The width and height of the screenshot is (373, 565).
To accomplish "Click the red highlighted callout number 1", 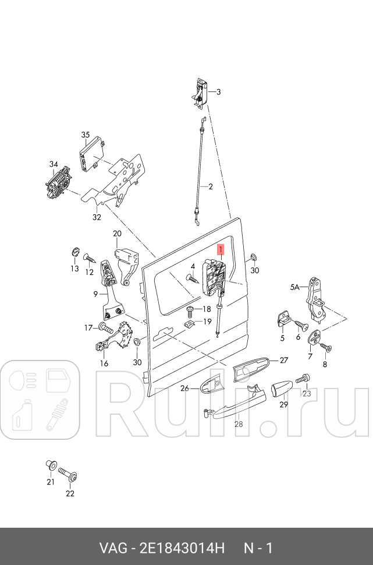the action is [x=220, y=250].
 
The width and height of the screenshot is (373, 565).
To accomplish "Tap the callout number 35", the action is [x=86, y=135].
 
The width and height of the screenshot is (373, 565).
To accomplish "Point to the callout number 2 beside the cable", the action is [x=211, y=186].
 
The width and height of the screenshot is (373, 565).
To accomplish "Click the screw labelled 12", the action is [x=90, y=259].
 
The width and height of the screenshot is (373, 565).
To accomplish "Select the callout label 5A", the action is [x=295, y=287].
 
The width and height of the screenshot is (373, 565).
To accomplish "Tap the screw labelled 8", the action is [x=326, y=348].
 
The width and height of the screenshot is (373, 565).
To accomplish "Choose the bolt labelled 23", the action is [x=303, y=379].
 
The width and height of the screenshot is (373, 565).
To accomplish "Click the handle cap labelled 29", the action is [x=281, y=388].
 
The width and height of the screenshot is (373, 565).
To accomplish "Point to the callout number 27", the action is [x=284, y=361].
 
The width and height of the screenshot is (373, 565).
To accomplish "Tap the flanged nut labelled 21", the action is [x=51, y=465].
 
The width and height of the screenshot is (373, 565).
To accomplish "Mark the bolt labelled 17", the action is [x=104, y=327].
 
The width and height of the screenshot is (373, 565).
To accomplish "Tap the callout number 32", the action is [x=97, y=217].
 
